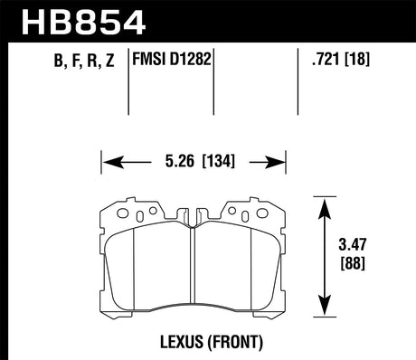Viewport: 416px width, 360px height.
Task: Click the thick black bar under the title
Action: pos(208,43)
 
